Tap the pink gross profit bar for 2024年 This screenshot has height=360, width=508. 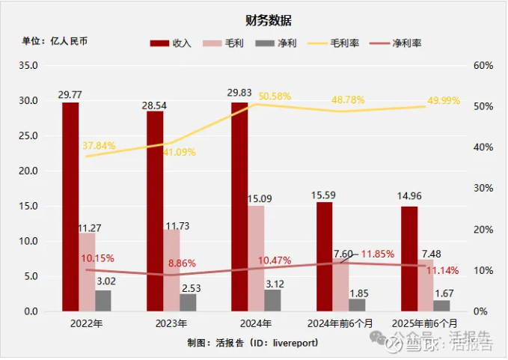pyautogui.click(x=256, y=257)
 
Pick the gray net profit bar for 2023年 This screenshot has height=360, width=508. pyautogui.click(x=188, y=302)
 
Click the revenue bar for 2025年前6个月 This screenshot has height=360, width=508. pyautogui.click(x=409, y=258)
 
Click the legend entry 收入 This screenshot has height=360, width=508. pyautogui.click(x=171, y=43)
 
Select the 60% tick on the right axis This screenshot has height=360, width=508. pyautogui.click(x=484, y=66)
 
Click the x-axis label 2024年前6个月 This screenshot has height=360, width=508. pyautogui.click(x=340, y=323)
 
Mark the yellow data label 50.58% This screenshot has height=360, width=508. pyautogui.click(x=275, y=97)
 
